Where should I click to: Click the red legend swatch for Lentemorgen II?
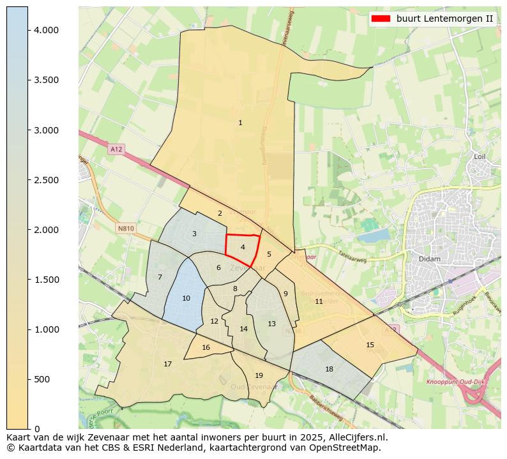tap(380, 19)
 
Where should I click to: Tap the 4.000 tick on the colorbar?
tap(28, 30)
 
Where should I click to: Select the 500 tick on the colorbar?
tap(28, 379)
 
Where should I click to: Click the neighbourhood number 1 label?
tap(240, 123)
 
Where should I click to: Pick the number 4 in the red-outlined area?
tap(243, 247)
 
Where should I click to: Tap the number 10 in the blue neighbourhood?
tap(186, 298)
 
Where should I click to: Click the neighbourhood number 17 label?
tap(167, 364)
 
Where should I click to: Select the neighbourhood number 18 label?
tap(329, 369)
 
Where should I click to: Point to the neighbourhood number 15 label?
tap(370, 345)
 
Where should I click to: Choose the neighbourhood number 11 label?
tap(319, 301)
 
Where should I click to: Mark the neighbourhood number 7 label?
tap(160, 277)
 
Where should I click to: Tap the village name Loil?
tap(480, 156)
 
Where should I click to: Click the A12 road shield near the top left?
tap(116, 149)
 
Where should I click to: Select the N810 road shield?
tap(126, 228)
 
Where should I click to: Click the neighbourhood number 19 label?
tap(259, 375)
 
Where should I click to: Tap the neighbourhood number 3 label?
tap(194, 234)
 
